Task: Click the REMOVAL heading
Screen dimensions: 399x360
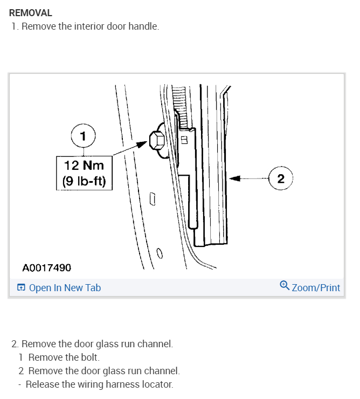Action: click(x=31, y=13)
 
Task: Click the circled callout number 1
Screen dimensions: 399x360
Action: click(x=82, y=136)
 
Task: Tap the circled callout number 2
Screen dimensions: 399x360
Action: click(x=280, y=178)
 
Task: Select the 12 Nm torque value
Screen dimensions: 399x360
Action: click(x=84, y=165)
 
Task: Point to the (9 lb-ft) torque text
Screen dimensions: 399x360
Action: click(x=84, y=181)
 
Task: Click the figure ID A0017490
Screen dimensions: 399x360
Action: click(x=47, y=268)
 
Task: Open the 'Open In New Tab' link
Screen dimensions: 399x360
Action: click(x=65, y=288)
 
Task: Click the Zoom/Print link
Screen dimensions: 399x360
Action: click(x=316, y=288)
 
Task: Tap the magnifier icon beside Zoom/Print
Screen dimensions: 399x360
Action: click(x=285, y=286)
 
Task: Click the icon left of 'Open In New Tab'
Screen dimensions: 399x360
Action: click(x=21, y=288)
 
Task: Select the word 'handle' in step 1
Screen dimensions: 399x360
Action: click(x=145, y=26)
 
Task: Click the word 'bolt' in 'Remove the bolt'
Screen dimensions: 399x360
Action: click(x=90, y=357)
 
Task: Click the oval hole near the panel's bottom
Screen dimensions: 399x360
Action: click(x=160, y=252)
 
